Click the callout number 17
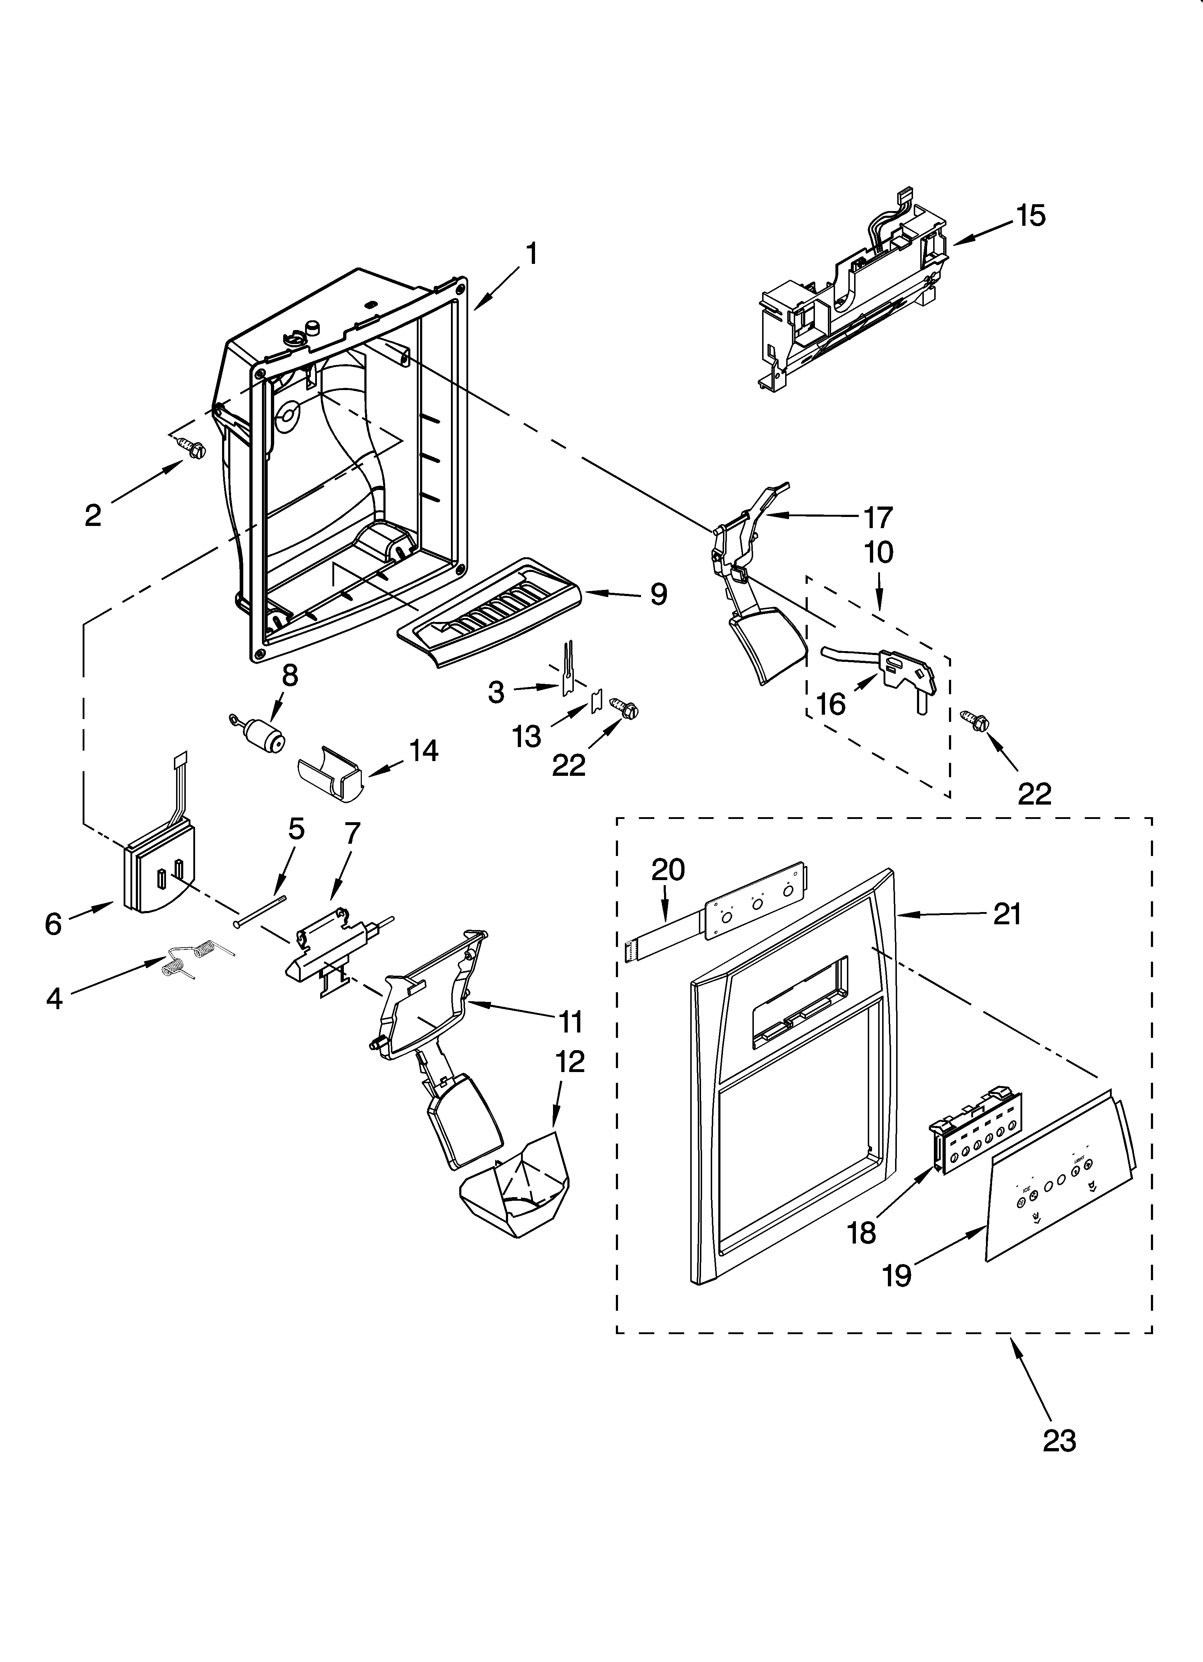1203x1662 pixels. tap(878, 517)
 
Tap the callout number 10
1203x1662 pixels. tap(879, 552)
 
